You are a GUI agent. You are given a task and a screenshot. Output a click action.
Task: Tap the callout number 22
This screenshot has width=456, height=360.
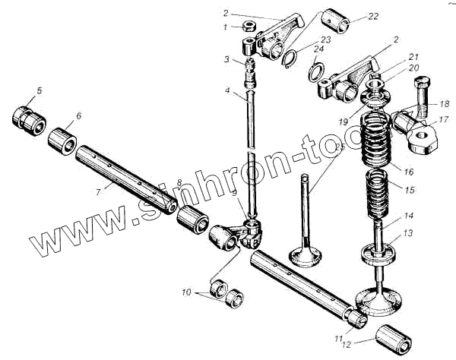(x=372, y=17)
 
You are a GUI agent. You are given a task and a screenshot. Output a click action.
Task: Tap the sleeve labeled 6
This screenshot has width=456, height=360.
(x=64, y=141)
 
